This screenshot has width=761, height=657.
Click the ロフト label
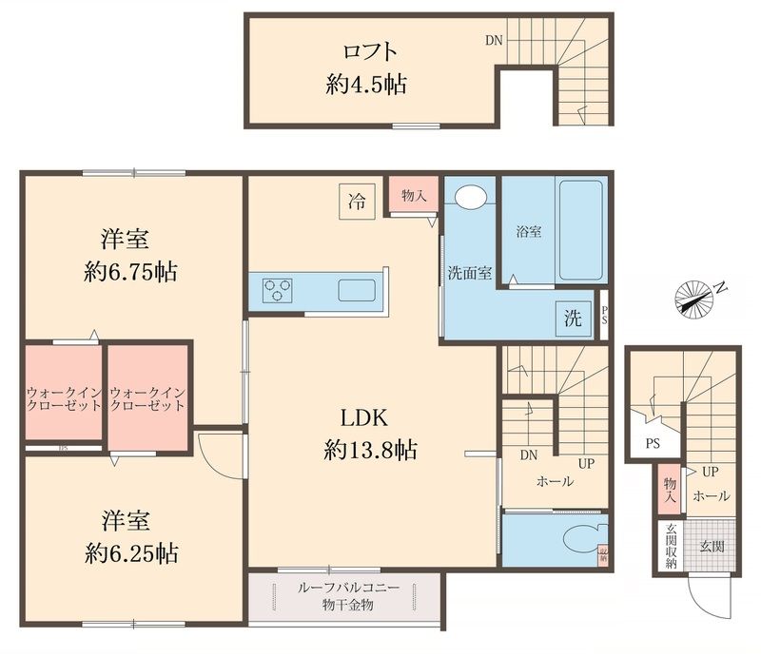point(366,50)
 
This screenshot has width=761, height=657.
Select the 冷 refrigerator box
point(358,201)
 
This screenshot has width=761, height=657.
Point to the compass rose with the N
point(697,298)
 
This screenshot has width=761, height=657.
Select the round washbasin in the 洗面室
point(470,198)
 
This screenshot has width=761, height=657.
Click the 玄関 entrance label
point(712,548)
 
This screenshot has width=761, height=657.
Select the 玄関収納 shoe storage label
point(671,547)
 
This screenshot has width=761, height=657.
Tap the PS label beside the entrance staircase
point(652,442)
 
